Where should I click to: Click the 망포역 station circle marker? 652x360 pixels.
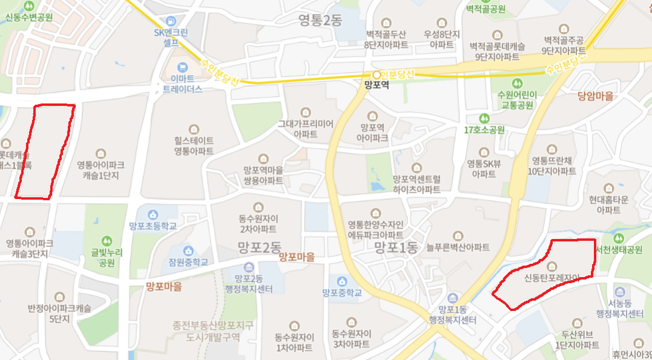coord(377,75)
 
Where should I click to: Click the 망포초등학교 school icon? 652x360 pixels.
coord(153,215)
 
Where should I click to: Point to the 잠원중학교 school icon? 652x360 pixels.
coord(188,250)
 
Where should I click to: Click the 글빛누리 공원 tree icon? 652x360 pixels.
coord(107,241)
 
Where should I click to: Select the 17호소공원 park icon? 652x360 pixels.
coord(484,118)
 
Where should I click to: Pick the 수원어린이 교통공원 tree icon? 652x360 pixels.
coord(516,83)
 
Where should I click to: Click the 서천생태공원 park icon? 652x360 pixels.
coord(618,238)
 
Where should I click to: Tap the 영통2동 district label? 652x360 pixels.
coord(320,21)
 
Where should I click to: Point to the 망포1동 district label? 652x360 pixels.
coord(396,247)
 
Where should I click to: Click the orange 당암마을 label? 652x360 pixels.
coord(596,96)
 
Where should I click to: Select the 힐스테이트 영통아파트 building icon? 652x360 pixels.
coord(194,129)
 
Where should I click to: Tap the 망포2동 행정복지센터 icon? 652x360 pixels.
coord(248,267)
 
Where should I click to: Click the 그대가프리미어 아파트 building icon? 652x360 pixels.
coord(306,113)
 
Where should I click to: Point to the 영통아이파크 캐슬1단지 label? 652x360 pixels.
coord(101,170)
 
